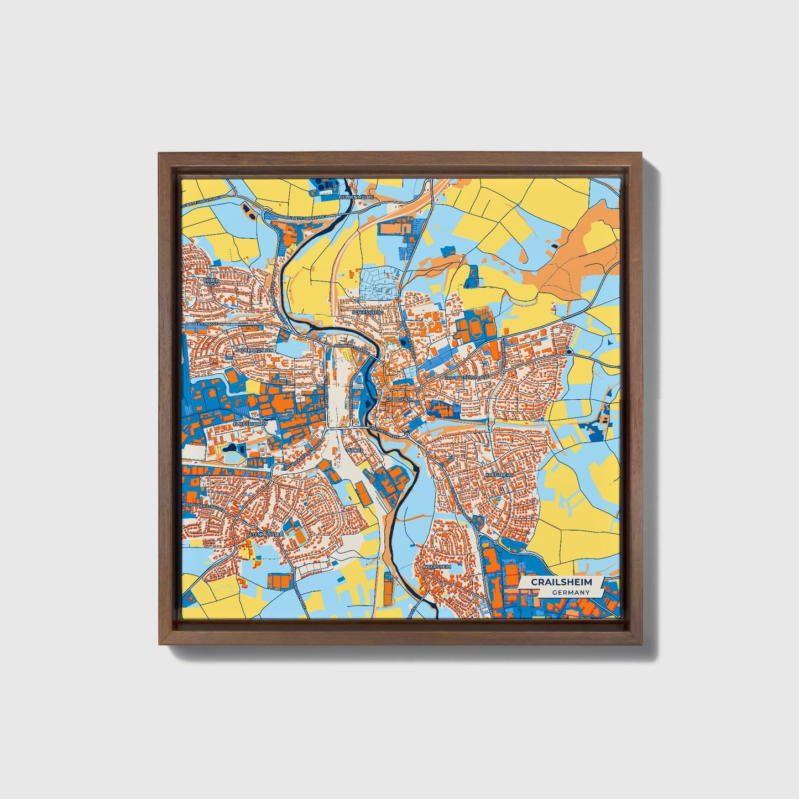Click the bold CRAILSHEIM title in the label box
click(x=561, y=582)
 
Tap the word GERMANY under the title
click(x=570, y=592)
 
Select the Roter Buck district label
click(x=211, y=282)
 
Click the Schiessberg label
click(x=368, y=312)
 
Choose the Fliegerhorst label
click(x=250, y=424)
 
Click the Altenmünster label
click(x=265, y=535)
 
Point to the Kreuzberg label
click(x=499, y=475)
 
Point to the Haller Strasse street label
click(x=202, y=323)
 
